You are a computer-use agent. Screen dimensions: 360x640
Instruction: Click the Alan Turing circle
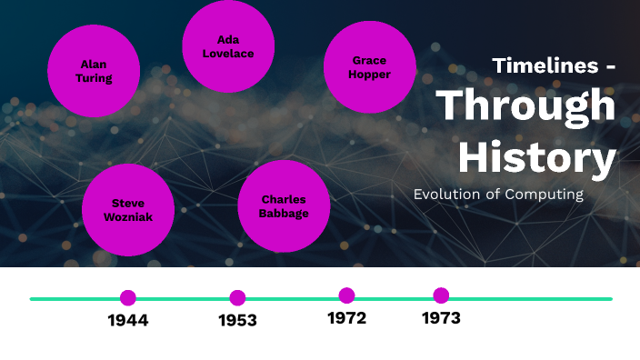(94, 71)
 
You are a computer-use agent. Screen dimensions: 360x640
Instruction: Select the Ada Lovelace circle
(228, 46)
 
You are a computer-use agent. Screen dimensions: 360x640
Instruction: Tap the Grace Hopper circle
(369, 67)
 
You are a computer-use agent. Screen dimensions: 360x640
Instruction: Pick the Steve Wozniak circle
(128, 210)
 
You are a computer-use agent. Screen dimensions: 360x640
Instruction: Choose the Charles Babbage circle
(284, 206)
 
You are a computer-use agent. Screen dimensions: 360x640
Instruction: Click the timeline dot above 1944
(128, 297)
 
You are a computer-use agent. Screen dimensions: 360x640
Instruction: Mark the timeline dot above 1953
(237, 297)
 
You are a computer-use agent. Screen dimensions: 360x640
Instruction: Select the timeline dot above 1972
(346, 295)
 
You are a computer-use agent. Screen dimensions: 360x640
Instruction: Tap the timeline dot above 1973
(441, 295)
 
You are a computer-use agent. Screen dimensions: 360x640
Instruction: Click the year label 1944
(128, 320)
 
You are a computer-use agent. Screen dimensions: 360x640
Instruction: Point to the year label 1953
(237, 320)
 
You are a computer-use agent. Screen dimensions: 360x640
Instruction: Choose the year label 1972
(346, 318)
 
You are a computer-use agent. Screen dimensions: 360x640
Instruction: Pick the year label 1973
(441, 318)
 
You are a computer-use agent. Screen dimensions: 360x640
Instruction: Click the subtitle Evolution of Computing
(497, 194)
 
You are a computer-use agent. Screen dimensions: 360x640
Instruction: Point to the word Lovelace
(228, 54)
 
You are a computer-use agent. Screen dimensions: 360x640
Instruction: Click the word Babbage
(284, 214)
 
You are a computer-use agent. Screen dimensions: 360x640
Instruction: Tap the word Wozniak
(128, 217)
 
